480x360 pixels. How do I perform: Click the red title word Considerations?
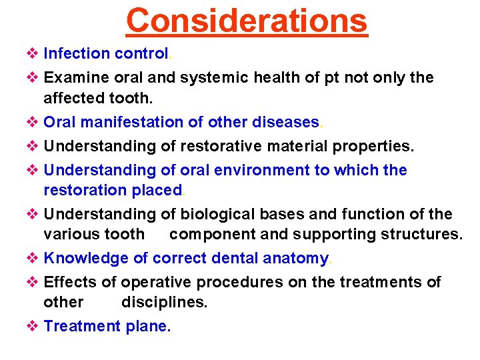(x=247, y=20)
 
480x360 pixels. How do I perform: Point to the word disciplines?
(x=164, y=302)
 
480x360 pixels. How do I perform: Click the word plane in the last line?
(x=147, y=326)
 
